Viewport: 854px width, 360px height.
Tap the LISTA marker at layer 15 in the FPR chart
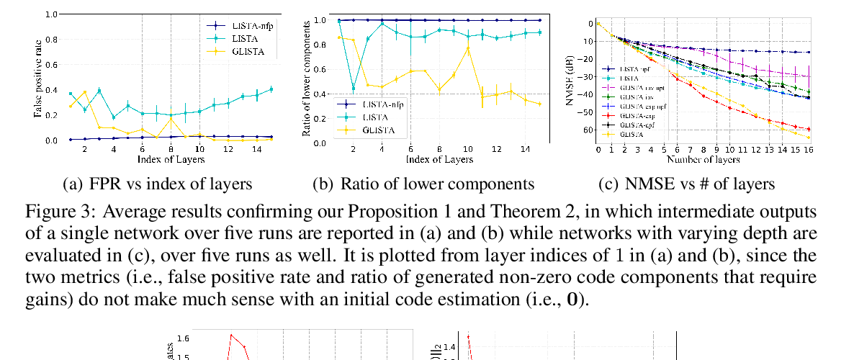point(271,89)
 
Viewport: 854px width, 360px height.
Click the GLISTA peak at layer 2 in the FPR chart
point(85,92)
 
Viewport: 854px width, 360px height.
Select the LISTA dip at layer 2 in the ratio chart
point(353,88)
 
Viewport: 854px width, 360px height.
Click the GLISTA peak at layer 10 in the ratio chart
point(468,48)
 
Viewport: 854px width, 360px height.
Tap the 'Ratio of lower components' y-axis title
point(305,78)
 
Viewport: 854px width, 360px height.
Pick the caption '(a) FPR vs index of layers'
point(158,184)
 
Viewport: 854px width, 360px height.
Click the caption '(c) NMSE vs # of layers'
point(686,184)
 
